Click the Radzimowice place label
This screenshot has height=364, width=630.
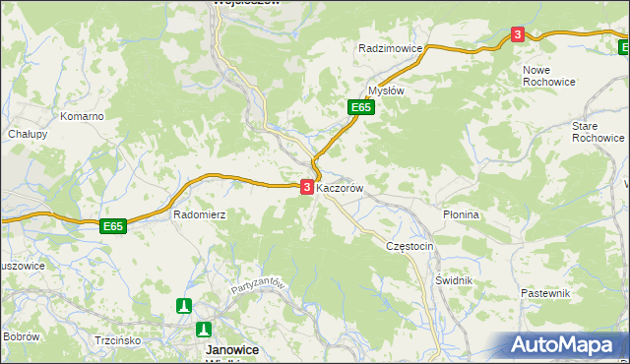tap(391, 48)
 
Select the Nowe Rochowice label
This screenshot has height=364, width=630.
tap(549, 76)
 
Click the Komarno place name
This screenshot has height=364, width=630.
tap(82, 116)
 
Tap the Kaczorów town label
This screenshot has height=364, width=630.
tap(342, 187)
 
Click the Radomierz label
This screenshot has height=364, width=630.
tap(200, 213)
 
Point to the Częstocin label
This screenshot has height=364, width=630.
tap(409, 246)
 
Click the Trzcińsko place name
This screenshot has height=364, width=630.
tap(118, 340)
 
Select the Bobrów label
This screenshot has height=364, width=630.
tap(20, 336)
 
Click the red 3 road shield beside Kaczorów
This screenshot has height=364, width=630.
tap(307, 186)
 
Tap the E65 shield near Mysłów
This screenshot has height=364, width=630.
tap(360, 107)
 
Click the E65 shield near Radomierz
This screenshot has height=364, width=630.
tap(114, 226)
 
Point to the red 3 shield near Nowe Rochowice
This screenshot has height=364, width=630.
tap(518, 34)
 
